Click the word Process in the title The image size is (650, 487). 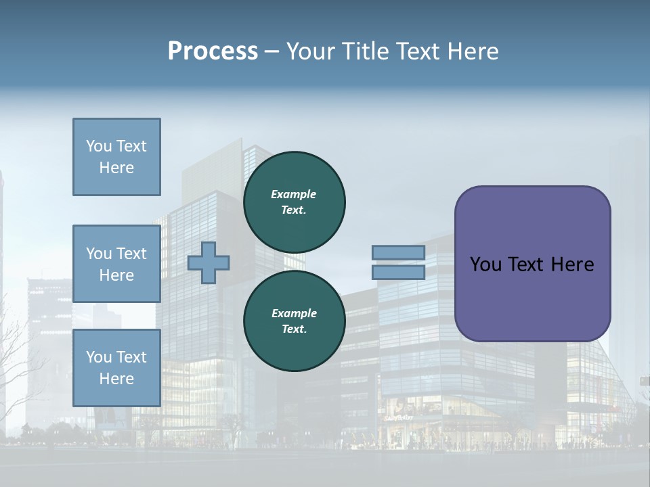(x=213, y=51)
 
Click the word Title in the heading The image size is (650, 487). (x=365, y=51)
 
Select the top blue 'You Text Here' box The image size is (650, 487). (x=116, y=157)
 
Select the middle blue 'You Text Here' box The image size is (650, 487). (x=116, y=264)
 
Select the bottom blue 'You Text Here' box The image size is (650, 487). (x=116, y=367)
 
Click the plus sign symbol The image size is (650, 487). (x=209, y=262)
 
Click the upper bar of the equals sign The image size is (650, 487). (x=398, y=252)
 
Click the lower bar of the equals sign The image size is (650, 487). (x=398, y=272)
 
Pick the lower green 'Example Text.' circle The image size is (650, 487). (x=295, y=321)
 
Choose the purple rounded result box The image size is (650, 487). (x=532, y=264)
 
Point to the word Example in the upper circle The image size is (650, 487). (x=294, y=194)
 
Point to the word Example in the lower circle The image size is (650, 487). (x=294, y=313)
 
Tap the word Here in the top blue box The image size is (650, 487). (x=116, y=168)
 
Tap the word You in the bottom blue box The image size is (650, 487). (x=98, y=357)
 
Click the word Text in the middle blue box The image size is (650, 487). (x=131, y=254)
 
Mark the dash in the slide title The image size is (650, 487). (x=272, y=52)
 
